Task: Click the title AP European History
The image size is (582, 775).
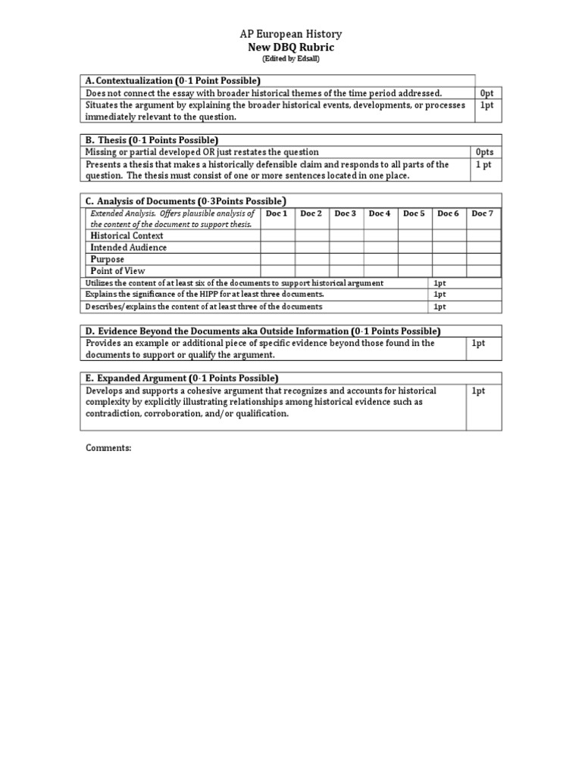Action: coord(290,34)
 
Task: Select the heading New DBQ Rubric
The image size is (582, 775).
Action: coord(290,47)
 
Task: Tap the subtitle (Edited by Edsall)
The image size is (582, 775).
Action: coord(290,58)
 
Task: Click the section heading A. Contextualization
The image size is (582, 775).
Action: coord(173,81)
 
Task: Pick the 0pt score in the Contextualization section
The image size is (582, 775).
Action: coord(487,93)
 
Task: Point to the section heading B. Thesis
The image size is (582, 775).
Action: coord(152,140)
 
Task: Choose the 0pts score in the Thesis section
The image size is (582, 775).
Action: coord(484,152)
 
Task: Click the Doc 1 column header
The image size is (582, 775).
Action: coord(277,213)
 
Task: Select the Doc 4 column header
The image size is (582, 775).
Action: coord(380,213)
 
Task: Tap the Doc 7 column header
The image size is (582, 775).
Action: coord(483,213)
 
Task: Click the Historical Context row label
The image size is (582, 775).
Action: coord(127,236)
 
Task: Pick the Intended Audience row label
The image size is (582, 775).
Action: coord(129,247)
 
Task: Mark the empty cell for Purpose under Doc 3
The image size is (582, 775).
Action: coord(346,259)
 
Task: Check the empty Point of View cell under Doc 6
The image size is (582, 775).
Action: coord(449,271)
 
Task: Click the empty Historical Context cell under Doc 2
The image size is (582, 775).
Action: coord(311,236)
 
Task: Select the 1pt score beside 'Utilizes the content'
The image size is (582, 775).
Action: coord(440,283)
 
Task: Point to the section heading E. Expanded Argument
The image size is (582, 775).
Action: coord(182,378)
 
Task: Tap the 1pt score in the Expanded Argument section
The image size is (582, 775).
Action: coord(478,391)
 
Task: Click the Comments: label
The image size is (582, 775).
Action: coord(108,448)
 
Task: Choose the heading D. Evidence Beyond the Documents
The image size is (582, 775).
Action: coord(263,331)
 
